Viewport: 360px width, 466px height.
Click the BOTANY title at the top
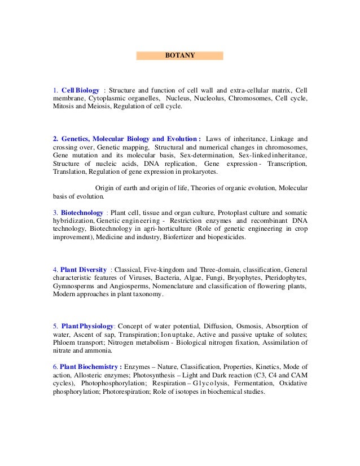(179, 56)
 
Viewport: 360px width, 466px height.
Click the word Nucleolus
(209, 98)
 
